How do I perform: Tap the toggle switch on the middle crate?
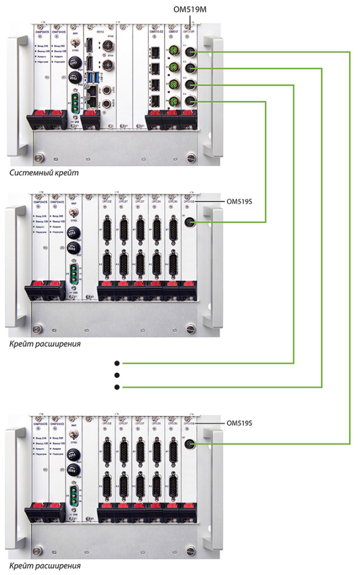tap(74, 213)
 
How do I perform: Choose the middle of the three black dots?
tap(117, 375)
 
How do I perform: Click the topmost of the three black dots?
tap(117, 362)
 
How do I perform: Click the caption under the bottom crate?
tap(44, 565)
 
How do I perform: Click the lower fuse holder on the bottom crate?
tap(74, 469)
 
